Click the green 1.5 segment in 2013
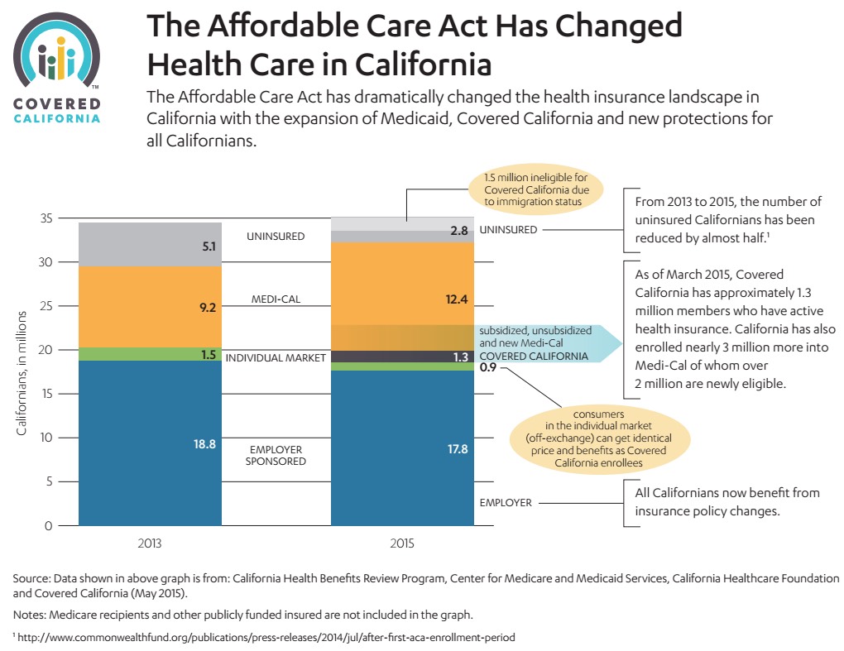click(150, 354)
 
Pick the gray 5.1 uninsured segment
click(150, 245)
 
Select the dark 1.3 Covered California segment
click(402, 357)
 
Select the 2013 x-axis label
click(150, 545)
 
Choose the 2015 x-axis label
click(402, 545)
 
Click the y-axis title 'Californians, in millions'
click(22, 373)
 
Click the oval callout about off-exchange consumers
click(599, 435)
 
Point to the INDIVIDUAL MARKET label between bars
click(276, 358)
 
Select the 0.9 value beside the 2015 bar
click(487, 368)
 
